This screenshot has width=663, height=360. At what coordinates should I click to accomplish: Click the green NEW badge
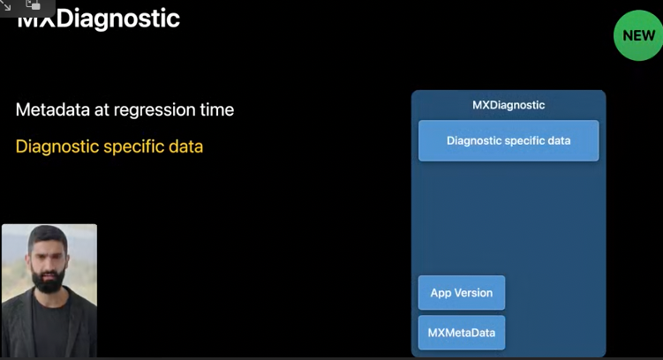[x=638, y=35]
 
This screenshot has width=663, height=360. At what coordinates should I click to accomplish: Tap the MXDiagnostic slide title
[x=99, y=19]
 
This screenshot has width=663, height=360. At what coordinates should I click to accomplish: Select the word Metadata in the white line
[x=53, y=110]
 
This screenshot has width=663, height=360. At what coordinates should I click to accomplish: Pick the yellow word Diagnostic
[x=57, y=147]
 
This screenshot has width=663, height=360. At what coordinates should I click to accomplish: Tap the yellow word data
[x=185, y=146]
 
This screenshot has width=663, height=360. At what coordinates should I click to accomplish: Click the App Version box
[x=462, y=293]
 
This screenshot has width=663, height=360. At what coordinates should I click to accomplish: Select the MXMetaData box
[x=462, y=333]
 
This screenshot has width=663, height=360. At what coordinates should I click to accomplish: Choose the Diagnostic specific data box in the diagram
[x=509, y=140]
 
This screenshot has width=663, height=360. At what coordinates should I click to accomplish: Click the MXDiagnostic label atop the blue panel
[x=509, y=105]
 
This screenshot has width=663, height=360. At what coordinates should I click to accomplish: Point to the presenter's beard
[x=49, y=280]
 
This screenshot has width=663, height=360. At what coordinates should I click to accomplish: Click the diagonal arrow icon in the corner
[x=7, y=5]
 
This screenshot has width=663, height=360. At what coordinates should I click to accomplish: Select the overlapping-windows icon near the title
[x=33, y=5]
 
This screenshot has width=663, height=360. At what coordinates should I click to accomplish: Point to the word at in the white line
[x=102, y=110]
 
